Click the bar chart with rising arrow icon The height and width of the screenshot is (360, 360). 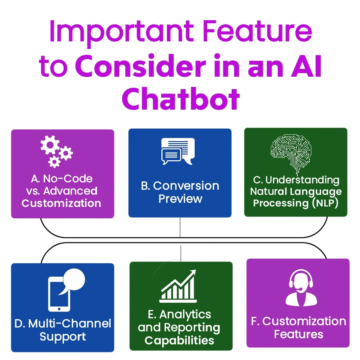coord(179,287)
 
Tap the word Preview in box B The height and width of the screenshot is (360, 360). coord(180,199)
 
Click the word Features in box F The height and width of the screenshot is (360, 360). coord(298,334)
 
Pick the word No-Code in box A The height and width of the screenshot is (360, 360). coord(68,179)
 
